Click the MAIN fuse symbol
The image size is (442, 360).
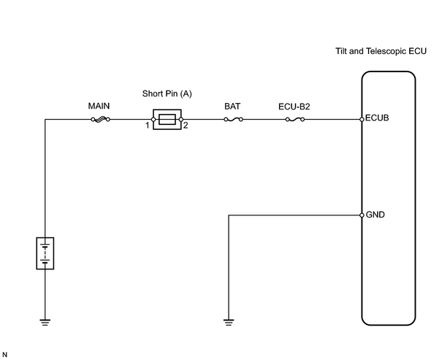point(100,120)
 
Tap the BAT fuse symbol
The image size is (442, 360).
point(233,120)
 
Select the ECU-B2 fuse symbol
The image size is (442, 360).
point(295,120)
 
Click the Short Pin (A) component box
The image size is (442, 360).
point(167,120)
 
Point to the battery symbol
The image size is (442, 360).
point(45,253)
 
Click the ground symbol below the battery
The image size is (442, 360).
point(45,322)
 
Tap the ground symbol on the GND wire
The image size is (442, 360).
point(229,322)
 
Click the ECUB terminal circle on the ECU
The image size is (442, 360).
point(362,120)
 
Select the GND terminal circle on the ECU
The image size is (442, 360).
point(362,215)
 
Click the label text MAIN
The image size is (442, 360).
point(99,106)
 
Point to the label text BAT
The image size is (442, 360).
point(232,107)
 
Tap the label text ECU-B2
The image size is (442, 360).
point(294,107)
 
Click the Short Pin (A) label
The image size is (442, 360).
point(167,93)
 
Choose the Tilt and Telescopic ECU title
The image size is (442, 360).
point(381,51)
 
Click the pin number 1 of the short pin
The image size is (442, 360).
point(147,126)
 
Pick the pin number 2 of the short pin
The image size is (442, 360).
point(186,126)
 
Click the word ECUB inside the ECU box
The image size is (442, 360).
point(377,118)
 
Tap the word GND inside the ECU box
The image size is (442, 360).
point(376,215)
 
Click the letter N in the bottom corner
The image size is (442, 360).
point(4,355)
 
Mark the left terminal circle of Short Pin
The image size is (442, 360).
point(153,120)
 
